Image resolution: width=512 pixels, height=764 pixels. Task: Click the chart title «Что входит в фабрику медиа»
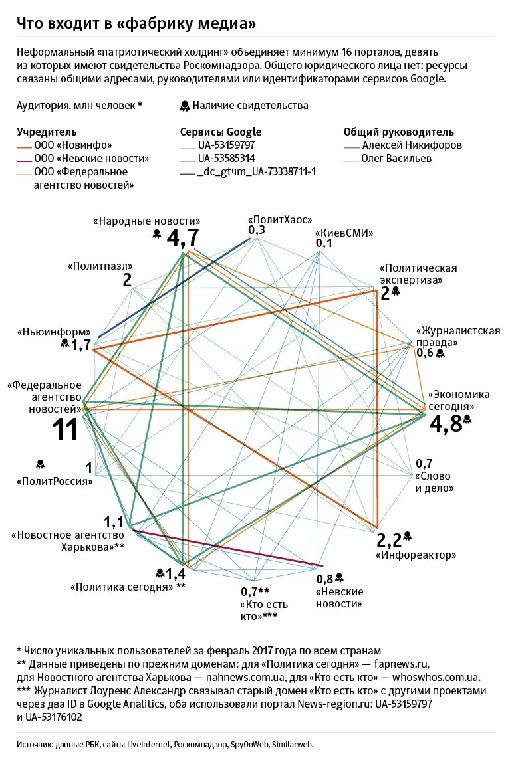coord(137,23)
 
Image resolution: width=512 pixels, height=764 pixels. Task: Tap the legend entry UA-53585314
coord(226,159)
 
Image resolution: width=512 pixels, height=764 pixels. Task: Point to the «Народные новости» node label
coord(147,221)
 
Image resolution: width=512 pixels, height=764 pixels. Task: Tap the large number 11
coord(66,430)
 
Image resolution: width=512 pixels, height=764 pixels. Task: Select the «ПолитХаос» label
coord(280,219)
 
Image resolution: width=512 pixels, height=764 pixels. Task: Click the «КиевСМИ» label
coord(344,233)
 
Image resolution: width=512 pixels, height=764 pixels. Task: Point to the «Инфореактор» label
coord(416,554)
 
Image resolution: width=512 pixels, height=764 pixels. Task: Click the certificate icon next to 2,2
coord(408,536)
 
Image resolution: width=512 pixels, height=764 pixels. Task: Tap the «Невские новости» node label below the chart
coord(339,598)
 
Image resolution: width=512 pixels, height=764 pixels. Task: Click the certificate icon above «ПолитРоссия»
coord(40,463)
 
